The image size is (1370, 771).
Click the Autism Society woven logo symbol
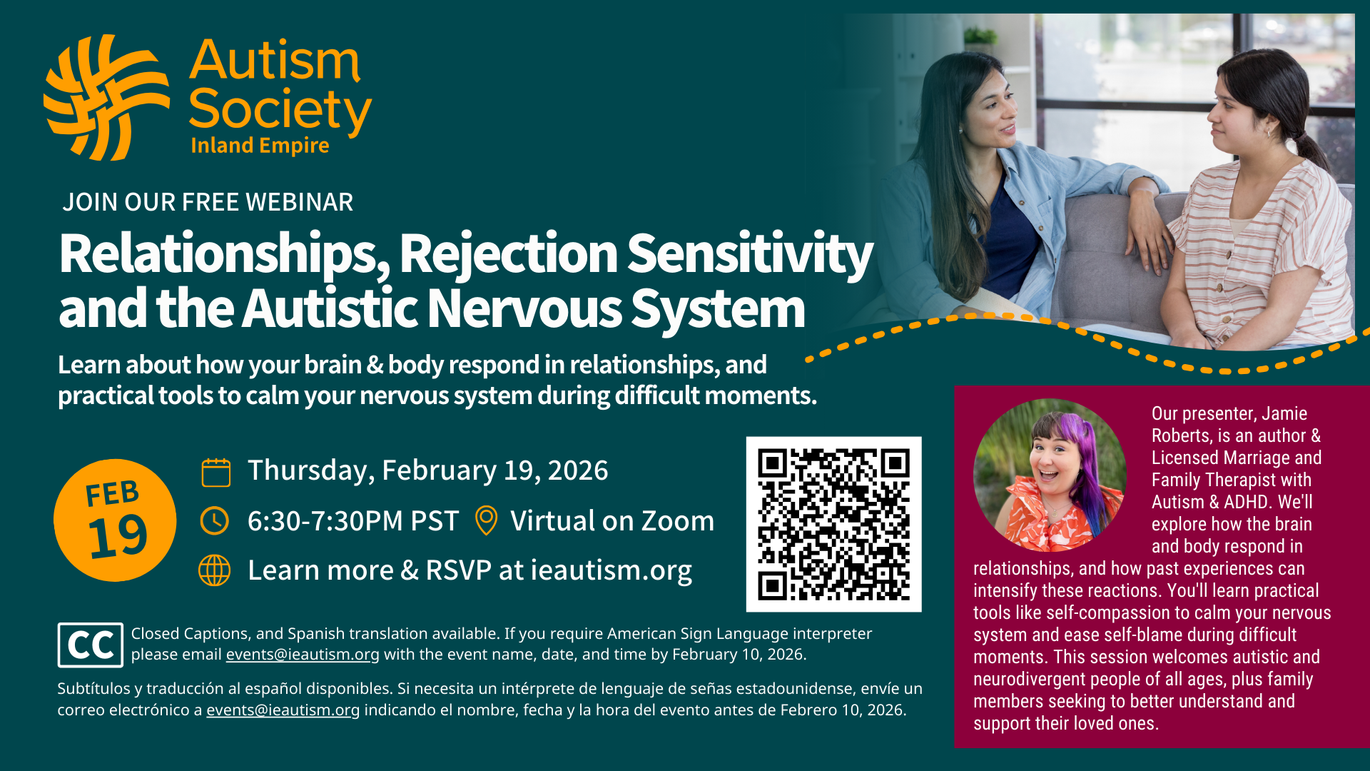[107, 98]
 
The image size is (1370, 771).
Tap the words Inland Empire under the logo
[260, 146]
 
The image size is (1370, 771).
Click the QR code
[833, 524]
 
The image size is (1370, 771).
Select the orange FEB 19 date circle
[115, 520]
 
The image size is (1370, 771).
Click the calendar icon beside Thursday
[215, 472]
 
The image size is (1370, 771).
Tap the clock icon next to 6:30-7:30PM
[215, 521]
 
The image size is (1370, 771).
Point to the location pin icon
[486, 520]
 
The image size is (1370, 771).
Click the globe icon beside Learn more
[215, 570]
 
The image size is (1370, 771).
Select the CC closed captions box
[91, 645]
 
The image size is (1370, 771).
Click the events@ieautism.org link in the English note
[303, 655]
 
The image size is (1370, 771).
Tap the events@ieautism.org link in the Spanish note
[283, 710]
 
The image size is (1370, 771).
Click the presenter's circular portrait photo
[1050, 475]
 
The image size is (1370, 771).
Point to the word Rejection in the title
[509, 255]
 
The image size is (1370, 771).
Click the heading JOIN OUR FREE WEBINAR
[208, 202]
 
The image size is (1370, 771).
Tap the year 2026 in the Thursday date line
[578, 470]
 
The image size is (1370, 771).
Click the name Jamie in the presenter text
[1284, 413]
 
